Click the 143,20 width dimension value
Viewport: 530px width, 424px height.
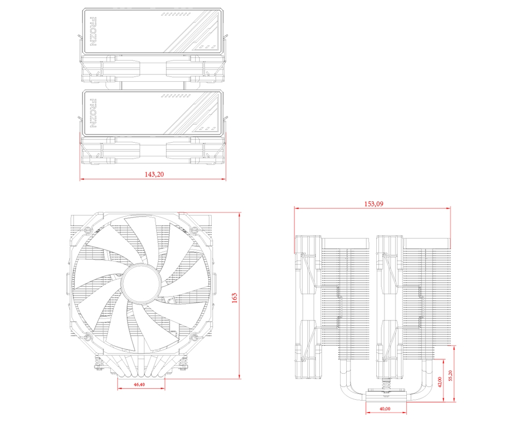coord(154,174)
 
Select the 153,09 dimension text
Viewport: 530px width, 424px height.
coord(373,203)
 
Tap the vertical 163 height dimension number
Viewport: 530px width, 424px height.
coord(234,298)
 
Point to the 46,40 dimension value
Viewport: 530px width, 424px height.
coord(139,385)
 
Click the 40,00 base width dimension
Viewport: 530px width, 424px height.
coord(385,408)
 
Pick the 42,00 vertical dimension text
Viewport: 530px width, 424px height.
coord(439,382)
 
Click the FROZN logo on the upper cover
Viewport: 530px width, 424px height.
coord(93,32)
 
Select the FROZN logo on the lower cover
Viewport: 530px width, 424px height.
coord(93,113)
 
